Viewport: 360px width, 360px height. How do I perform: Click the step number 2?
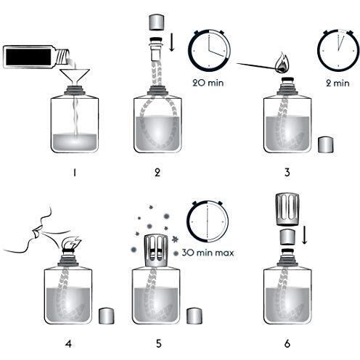[157, 173]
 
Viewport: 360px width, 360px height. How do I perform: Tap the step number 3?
[287, 173]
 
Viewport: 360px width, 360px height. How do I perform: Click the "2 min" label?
[338, 83]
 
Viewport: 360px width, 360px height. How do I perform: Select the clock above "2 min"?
[337, 51]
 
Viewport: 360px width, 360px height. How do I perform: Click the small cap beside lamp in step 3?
[326, 144]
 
